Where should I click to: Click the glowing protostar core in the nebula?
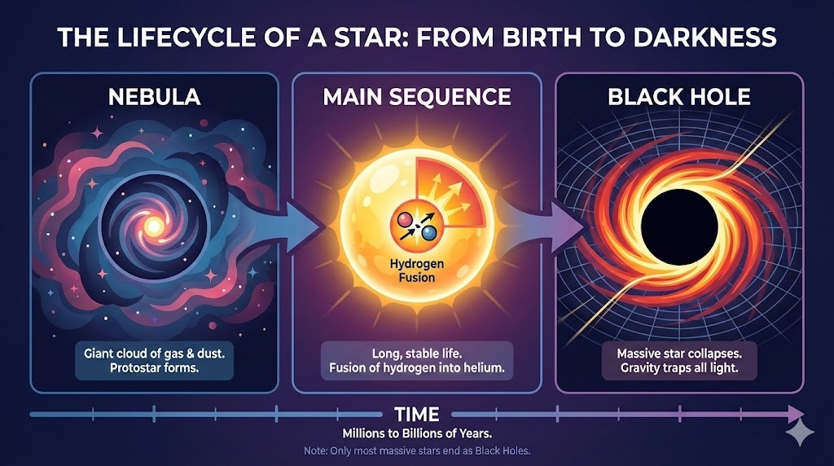click(x=151, y=222)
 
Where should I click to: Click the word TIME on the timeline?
click(x=417, y=413)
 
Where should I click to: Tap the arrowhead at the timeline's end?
click(x=793, y=413)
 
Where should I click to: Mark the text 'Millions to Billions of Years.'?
click(x=416, y=432)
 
